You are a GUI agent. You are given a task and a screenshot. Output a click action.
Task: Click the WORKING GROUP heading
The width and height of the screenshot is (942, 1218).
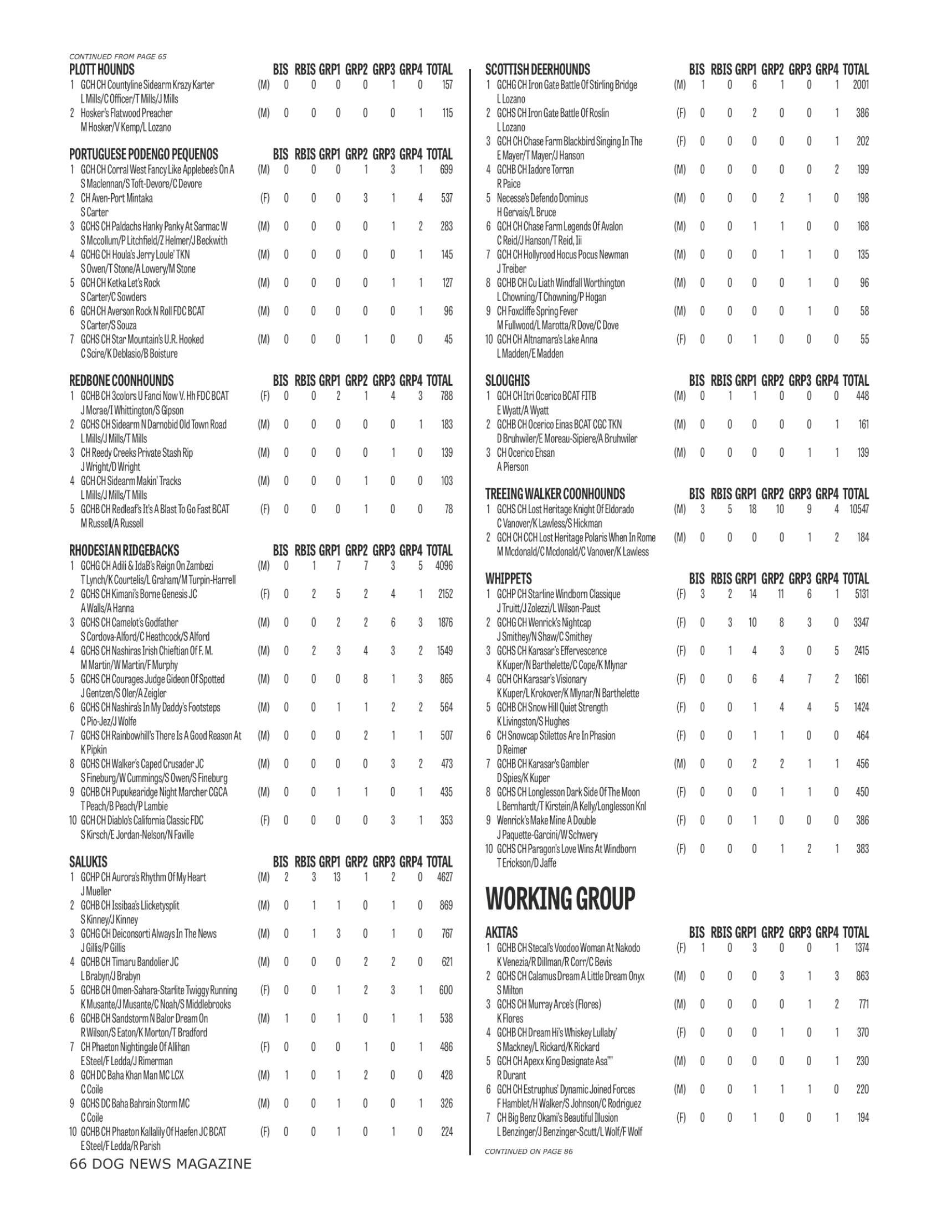point(560,899)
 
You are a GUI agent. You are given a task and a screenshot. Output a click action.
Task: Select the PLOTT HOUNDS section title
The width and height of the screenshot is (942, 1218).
point(101,70)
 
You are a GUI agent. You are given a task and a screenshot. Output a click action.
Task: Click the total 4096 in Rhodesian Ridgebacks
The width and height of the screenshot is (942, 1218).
point(444,566)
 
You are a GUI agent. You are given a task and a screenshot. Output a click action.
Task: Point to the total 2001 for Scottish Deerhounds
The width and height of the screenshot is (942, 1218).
point(861,85)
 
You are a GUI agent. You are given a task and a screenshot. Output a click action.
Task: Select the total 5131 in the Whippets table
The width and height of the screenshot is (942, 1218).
point(861,594)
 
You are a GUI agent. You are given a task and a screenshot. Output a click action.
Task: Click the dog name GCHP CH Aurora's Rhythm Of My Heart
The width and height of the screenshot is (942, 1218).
point(144,878)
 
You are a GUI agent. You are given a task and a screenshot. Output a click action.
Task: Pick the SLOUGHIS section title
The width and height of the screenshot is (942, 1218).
point(507,381)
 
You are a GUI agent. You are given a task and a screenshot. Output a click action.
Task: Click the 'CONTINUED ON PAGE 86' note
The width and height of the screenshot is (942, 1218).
point(529,1151)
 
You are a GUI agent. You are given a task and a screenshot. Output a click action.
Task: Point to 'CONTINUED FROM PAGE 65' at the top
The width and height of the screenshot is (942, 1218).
point(117,56)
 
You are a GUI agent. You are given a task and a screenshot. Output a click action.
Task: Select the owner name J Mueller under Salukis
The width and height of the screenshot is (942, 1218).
point(96,891)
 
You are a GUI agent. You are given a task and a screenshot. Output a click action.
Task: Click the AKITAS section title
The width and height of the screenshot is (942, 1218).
point(501,932)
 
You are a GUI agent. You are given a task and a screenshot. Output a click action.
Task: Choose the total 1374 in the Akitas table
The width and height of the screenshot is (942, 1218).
point(861,948)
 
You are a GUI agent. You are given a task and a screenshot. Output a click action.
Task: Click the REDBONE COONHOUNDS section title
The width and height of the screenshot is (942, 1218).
point(121,381)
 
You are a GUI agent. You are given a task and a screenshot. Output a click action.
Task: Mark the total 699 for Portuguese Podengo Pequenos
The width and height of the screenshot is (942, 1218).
point(446,169)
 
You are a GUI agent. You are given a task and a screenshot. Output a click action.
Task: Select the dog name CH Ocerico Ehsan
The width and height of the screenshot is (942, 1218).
point(526,453)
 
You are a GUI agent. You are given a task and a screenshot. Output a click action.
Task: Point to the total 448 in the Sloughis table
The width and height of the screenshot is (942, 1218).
point(863,396)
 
